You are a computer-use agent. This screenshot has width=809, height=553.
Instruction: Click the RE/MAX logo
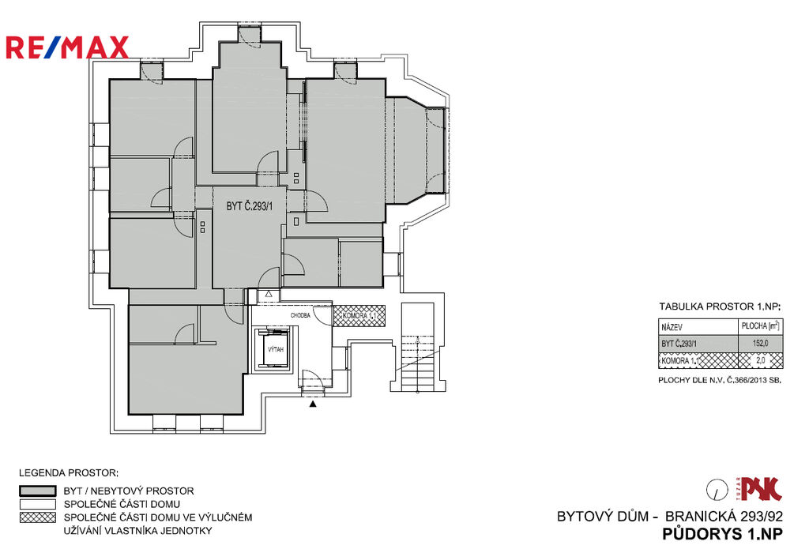click(x=67, y=47)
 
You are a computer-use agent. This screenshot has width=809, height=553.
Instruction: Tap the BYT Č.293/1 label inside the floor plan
click(x=249, y=206)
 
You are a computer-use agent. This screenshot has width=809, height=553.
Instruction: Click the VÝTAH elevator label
click(x=276, y=350)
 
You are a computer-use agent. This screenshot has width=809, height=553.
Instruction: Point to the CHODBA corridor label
click(x=300, y=315)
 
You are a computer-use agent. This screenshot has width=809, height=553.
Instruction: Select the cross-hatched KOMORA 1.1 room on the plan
click(x=359, y=316)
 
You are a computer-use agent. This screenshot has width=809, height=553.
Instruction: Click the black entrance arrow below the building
click(x=313, y=404)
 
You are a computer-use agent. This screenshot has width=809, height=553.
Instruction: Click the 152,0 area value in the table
click(x=760, y=343)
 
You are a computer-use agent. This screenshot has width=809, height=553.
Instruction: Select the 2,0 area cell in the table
click(x=761, y=360)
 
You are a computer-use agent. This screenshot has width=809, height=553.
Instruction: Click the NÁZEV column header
click(x=672, y=328)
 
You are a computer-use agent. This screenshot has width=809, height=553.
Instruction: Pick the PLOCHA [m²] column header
click(x=761, y=326)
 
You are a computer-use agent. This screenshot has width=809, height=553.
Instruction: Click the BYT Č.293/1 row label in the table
click(x=679, y=344)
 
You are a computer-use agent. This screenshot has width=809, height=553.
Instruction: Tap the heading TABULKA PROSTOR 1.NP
click(x=721, y=307)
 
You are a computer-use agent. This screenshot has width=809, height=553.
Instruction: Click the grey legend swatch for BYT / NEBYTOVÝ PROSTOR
click(x=38, y=491)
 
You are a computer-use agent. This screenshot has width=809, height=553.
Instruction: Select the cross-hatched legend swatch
click(x=38, y=517)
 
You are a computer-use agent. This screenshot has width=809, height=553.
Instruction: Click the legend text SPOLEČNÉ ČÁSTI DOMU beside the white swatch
click(x=122, y=504)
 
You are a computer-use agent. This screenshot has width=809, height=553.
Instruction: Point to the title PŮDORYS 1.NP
click(x=722, y=534)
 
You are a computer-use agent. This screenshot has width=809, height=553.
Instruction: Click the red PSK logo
click(x=761, y=489)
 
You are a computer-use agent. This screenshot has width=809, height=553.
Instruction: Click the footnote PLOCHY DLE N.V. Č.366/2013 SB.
click(x=720, y=381)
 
